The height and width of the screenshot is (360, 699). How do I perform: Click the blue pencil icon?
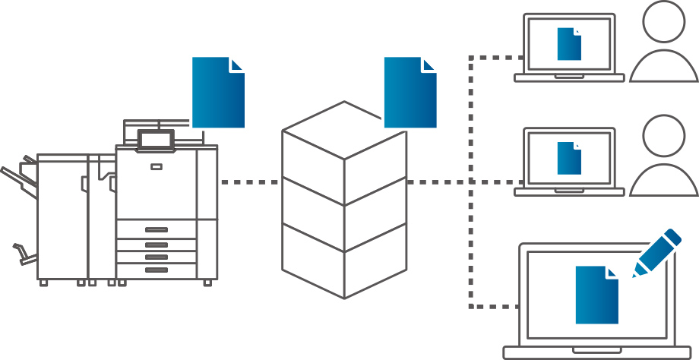pos(658,251)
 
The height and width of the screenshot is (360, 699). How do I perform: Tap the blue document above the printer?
pos(218,92)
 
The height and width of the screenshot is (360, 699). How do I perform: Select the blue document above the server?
pos(410,92)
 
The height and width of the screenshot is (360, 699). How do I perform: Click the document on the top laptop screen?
pos(569,43)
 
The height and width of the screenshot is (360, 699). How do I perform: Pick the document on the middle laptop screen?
pos(569,157)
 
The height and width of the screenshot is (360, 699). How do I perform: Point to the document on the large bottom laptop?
pos(596,295)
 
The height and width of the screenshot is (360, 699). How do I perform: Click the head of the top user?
pos(663,22)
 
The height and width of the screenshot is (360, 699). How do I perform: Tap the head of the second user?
pos(663,137)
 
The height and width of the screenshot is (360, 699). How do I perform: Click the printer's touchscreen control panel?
pos(155,139)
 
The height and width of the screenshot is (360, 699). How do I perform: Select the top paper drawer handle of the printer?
pos(156,229)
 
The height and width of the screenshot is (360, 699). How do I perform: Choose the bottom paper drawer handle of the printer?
pos(156,270)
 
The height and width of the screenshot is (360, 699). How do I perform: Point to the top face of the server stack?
pos(344,131)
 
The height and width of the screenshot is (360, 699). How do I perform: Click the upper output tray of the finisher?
pos(18,179)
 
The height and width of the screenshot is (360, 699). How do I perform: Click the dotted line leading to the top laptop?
pos(494,57)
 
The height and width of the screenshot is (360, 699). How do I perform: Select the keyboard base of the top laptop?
pos(569,77)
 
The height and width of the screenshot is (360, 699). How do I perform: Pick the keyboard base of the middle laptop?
pos(569,192)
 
